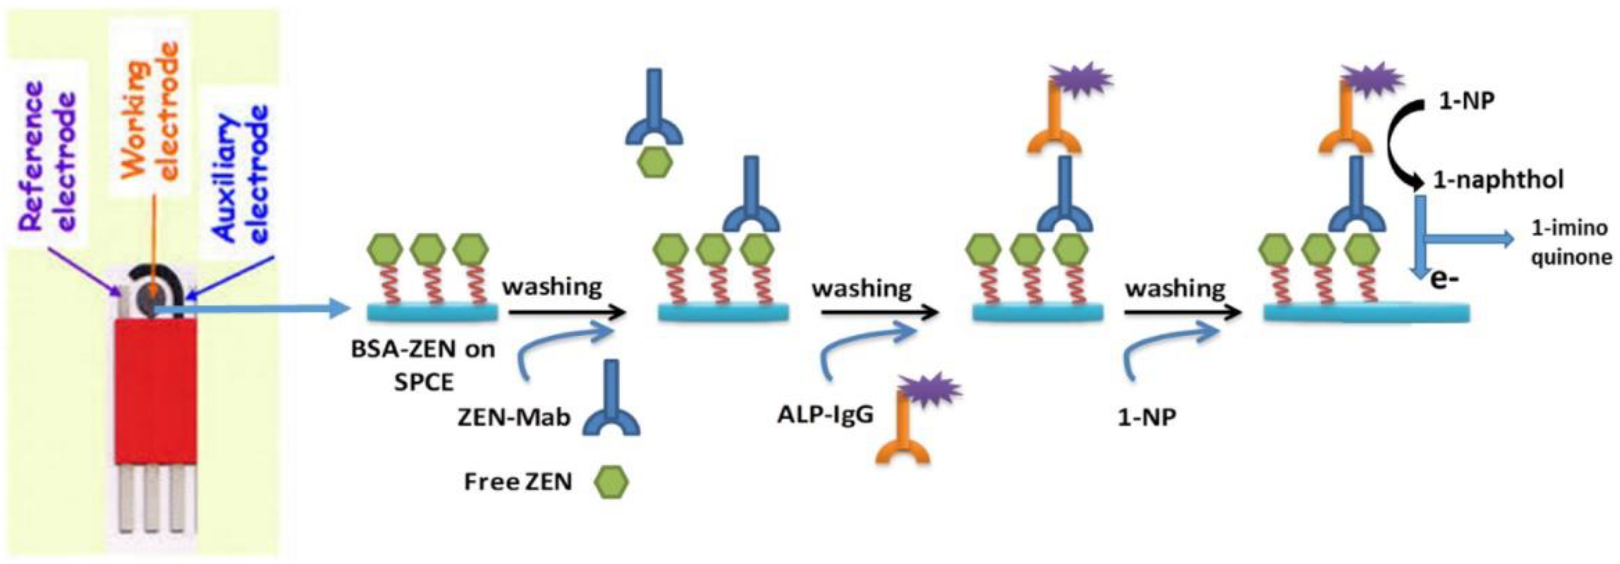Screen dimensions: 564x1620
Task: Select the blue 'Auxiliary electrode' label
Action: pos(242,173)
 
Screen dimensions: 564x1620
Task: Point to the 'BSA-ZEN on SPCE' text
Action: pos(422,365)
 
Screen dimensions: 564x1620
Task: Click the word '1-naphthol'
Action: pos(1498,180)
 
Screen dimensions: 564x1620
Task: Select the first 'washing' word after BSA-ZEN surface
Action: pos(551,287)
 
